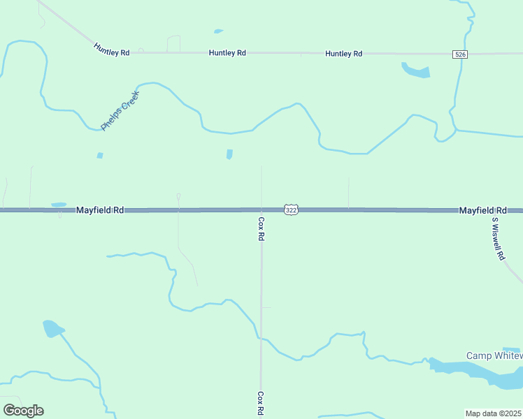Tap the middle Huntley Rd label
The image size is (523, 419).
[227, 53]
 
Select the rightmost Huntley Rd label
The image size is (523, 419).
[343, 54]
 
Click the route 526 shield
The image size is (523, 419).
[459, 54]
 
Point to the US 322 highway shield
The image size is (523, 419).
[292, 209]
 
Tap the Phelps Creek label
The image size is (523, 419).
[120, 110]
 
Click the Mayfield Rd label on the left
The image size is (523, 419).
[100, 209]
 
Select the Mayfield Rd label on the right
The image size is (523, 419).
[482, 210]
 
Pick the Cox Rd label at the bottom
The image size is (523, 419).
[260, 404]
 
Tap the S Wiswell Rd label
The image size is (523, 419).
[498, 238]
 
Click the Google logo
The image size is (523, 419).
[23, 411]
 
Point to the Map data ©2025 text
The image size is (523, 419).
[494, 413]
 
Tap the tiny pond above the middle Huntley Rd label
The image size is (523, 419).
[218, 31]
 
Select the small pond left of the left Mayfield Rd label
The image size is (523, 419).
[59, 205]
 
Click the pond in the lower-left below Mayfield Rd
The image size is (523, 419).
[52, 328]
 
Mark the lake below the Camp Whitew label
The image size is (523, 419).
[482, 373]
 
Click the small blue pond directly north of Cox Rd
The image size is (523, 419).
[229, 154]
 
